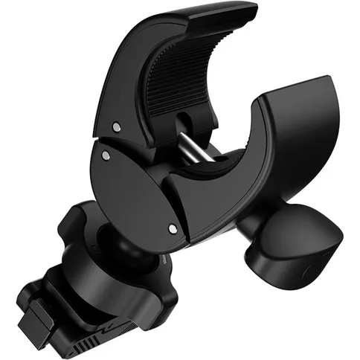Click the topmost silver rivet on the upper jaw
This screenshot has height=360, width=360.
click(116, 127)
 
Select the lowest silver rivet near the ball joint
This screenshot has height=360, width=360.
click(173, 228)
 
